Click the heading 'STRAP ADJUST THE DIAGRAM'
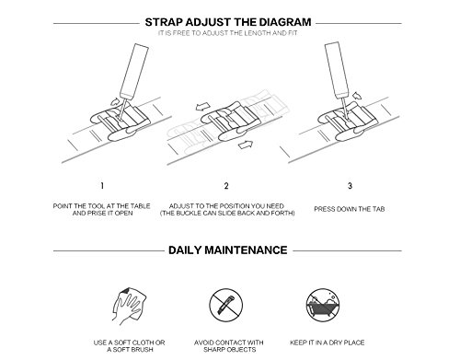(228, 22)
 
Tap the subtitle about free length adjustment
(228, 33)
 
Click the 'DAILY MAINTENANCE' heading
(228, 250)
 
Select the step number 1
(102, 186)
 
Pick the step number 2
(226, 186)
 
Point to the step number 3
(350, 186)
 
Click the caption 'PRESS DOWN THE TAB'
(350, 209)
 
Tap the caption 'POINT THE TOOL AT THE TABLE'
(102, 206)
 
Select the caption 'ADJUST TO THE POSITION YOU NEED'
(226, 206)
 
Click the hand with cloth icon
(129, 307)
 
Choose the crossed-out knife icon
(226, 305)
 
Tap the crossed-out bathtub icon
(323, 305)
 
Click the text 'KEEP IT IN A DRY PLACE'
(328, 343)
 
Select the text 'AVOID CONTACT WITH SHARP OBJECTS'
(229, 346)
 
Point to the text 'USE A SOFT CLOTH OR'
(129, 343)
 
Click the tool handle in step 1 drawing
(134, 71)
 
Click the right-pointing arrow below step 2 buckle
(246, 145)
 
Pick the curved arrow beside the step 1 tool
(115, 101)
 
